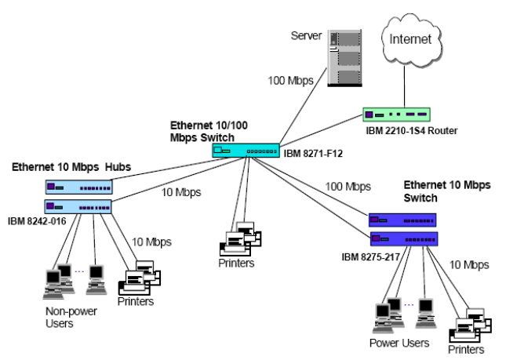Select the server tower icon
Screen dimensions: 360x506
pyautogui.click(x=343, y=58)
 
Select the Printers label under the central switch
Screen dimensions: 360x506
pyautogui.click(x=236, y=263)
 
